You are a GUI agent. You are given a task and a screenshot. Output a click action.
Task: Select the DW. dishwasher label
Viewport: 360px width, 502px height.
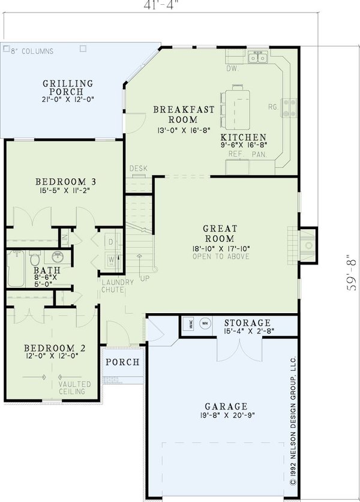(x=233, y=68)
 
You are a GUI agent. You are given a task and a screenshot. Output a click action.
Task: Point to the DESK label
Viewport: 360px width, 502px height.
(x=139, y=169)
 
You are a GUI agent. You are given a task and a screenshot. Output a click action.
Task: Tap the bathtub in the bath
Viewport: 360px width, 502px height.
(x=16, y=262)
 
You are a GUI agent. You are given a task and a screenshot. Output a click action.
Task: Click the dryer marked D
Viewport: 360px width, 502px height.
(x=111, y=242)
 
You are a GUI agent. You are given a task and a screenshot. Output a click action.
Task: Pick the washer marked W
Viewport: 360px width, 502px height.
(x=111, y=259)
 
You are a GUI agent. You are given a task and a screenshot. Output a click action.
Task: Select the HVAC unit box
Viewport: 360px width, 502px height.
(x=187, y=322)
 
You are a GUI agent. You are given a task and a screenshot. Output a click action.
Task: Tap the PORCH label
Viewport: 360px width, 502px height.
(x=122, y=362)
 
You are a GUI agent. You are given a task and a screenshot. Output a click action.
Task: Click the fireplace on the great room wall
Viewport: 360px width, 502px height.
(x=307, y=245)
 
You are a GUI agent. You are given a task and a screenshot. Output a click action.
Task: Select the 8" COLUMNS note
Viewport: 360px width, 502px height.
(x=32, y=52)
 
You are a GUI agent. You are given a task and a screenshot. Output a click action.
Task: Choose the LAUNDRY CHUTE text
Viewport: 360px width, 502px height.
(x=113, y=286)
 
